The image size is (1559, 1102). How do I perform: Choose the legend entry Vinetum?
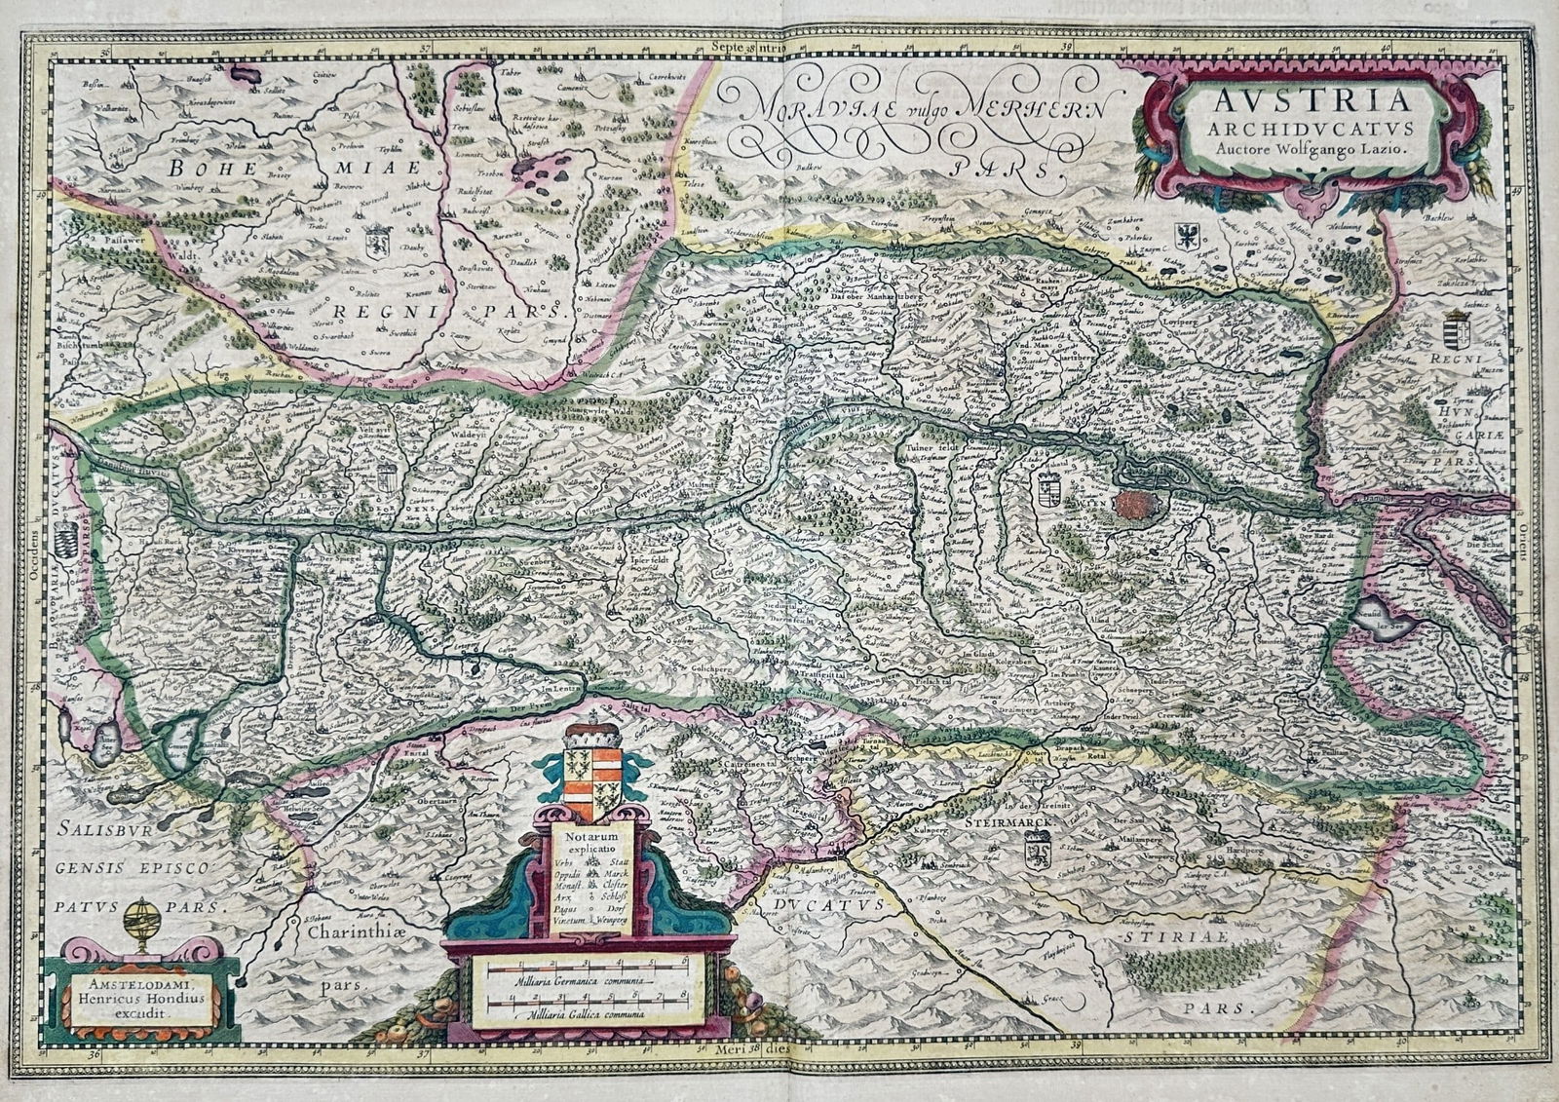tap(568, 920)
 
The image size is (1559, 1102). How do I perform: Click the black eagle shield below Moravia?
tap(1188, 236)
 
